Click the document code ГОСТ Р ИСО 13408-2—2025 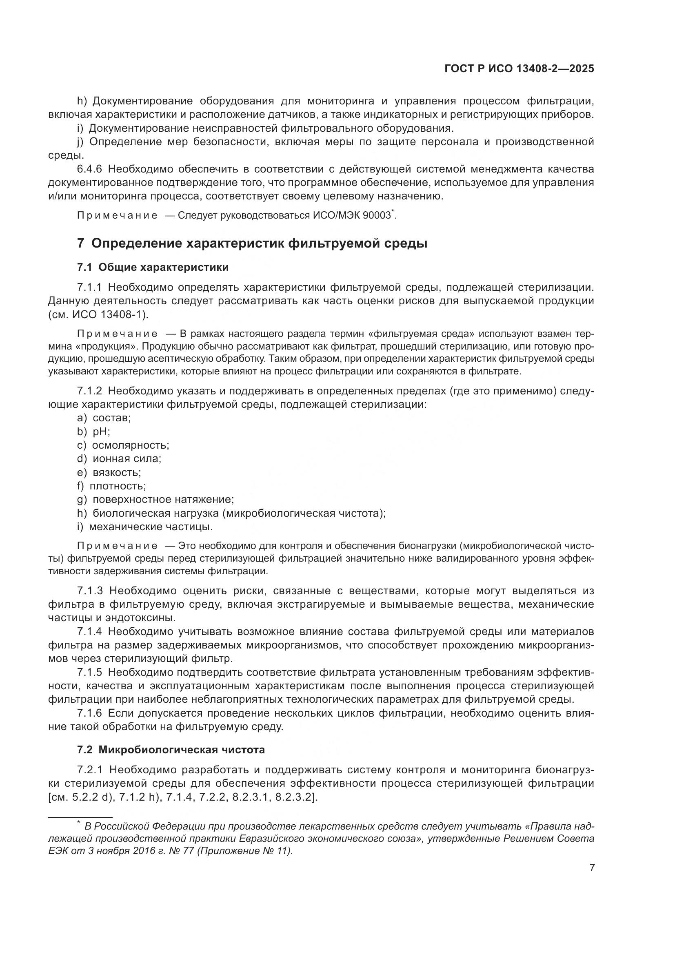(x=519, y=69)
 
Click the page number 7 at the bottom (x=592, y=868)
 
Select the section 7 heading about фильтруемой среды (x=252, y=243)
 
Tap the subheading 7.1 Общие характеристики (x=153, y=267)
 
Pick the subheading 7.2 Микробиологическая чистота (x=171, y=750)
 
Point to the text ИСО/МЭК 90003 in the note (x=352, y=215)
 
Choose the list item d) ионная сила (x=119, y=459)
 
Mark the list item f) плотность (x=111, y=486)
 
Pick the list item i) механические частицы (x=144, y=527)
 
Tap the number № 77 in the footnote (x=179, y=850)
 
